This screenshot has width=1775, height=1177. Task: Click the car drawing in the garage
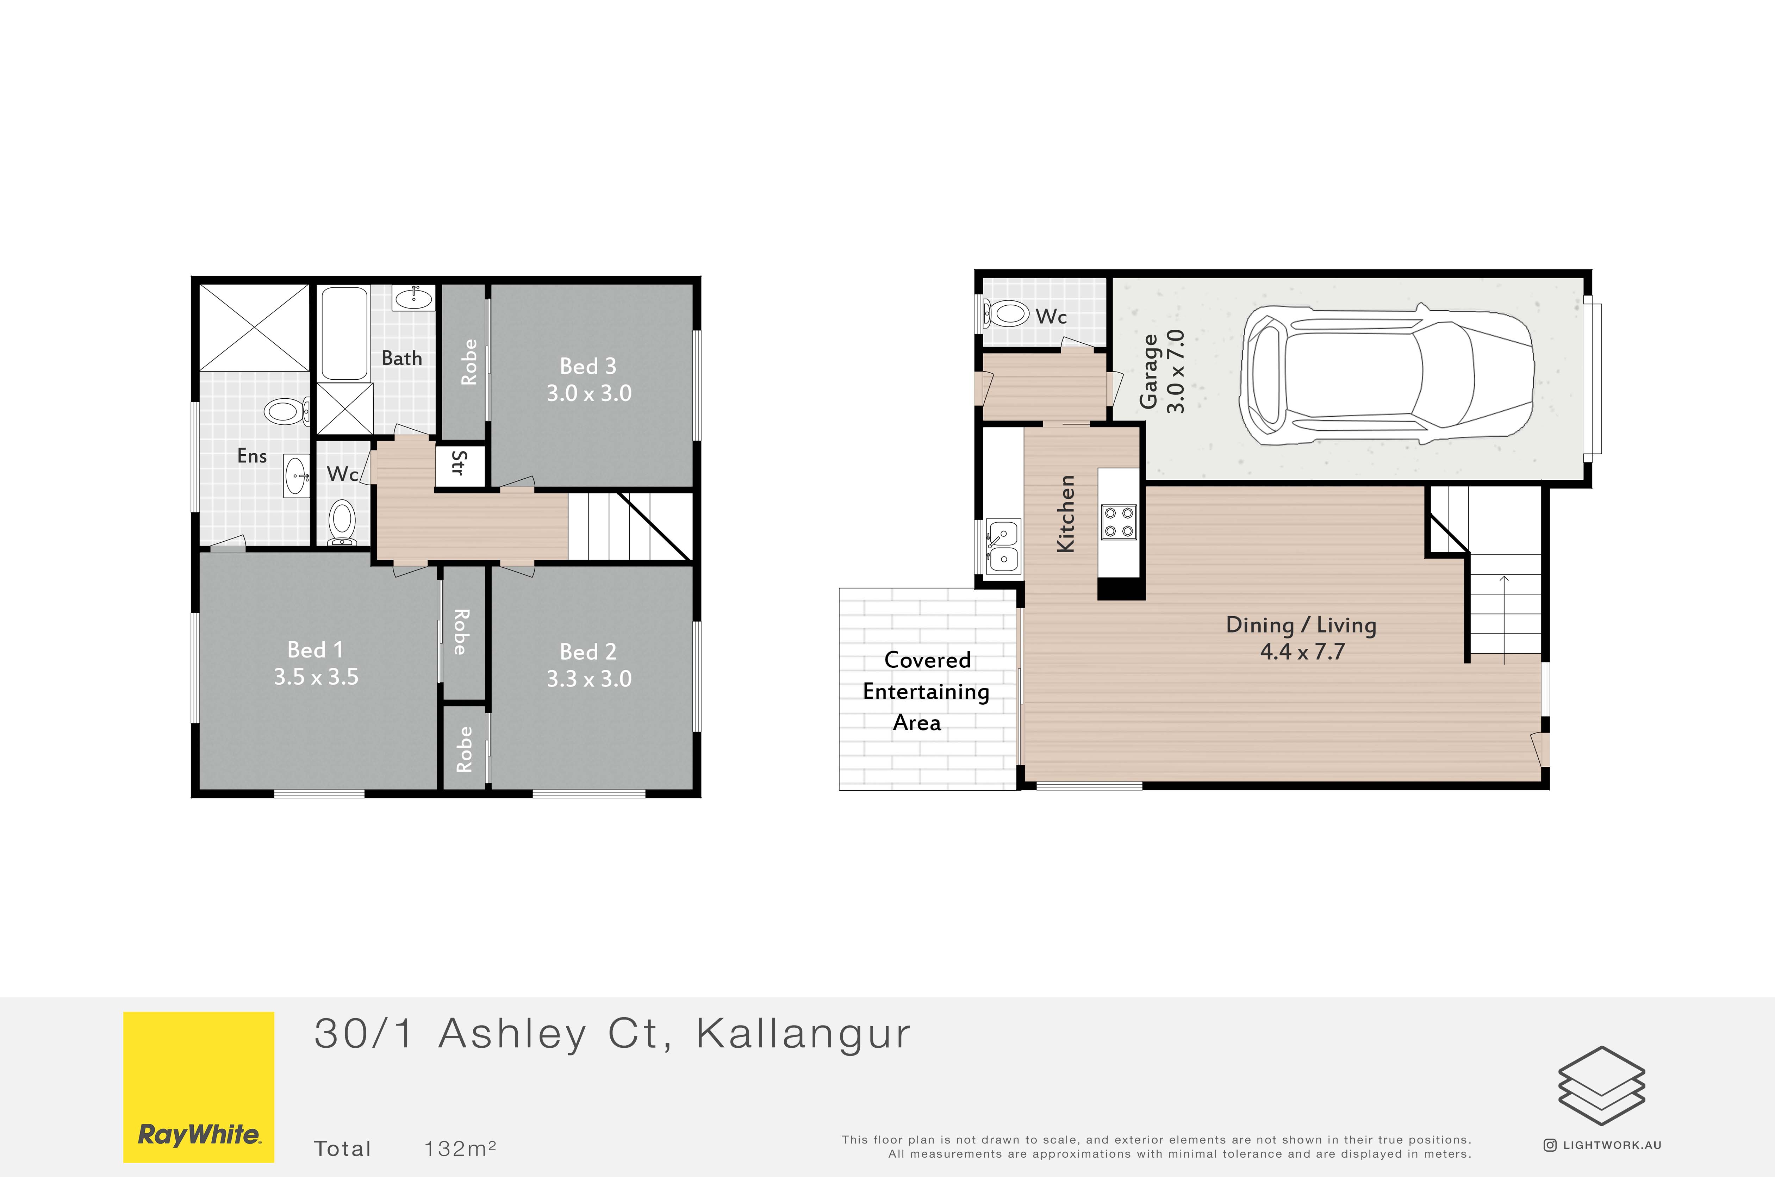(1387, 375)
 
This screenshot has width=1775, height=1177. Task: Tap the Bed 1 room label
(315, 649)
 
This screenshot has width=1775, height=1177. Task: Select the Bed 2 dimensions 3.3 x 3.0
(589, 679)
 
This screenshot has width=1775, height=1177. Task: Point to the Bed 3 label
(588, 366)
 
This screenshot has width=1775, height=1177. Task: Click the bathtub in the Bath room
(344, 334)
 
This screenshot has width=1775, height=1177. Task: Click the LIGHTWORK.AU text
(1612, 1145)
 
